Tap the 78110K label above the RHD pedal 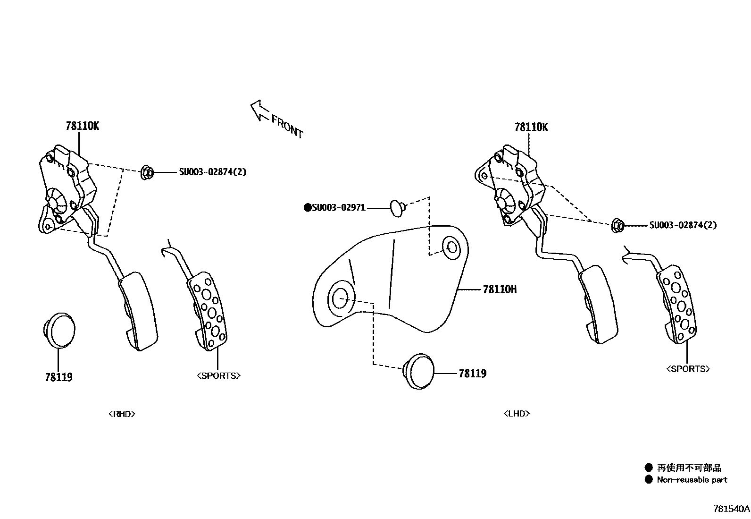tap(83, 126)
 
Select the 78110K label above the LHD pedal tap(531, 127)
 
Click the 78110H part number tap(500, 289)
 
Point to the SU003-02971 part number tap(338, 207)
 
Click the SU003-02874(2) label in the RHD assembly tap(212, 172)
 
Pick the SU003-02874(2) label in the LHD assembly tap(683, 225)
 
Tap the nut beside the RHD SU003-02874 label tap(147, 172)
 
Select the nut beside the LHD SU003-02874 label tap(617, 225)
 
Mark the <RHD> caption tap(122, 414)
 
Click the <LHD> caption tap(516, 413)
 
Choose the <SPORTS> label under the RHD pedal tap(218, 376)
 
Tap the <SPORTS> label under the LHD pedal tap(688, 369)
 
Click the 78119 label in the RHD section tap(59, 377)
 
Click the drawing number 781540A tap(731, 509)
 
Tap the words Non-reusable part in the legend tap(692, 480)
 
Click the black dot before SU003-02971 tap(308, 207)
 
